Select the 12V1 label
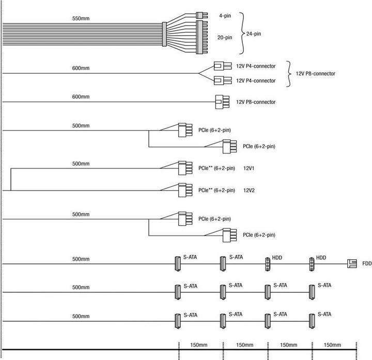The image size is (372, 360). point(250,168)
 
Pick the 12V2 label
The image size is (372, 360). point(250,190)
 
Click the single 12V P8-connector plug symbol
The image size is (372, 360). point(222,102)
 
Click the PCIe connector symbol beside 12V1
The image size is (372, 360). point(182,168)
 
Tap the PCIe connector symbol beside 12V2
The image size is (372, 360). point(182,190)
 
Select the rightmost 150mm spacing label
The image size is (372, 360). point(334,345)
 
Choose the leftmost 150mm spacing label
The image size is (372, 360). point(200,345)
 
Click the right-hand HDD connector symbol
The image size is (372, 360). point(312,264)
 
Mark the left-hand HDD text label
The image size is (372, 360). point(277,257)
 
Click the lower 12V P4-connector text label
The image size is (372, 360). point(256,81)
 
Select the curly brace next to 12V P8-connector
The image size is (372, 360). point(290,73)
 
